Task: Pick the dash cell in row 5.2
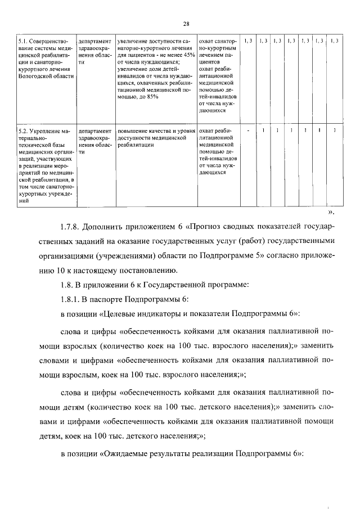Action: pyautogui.click(x=247, y=130)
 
